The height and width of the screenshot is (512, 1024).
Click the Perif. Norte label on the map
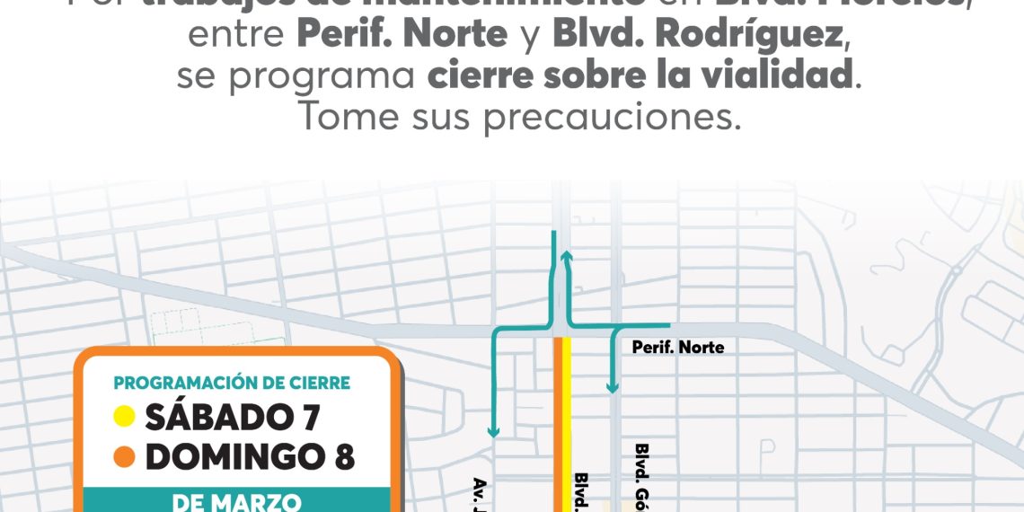[x=677, y=348]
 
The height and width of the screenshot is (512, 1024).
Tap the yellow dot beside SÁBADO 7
[x=125, y=417]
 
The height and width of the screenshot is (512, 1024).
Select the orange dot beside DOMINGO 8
[x=125, y=457]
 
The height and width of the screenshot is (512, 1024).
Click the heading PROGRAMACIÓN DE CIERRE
[x=232, y=384]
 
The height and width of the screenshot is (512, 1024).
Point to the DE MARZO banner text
[x=236, y=502]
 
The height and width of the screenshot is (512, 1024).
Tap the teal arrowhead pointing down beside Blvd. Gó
[x=613, y=387]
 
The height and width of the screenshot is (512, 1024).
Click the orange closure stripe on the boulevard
[x=558, y=422]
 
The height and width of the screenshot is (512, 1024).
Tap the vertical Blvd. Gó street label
[x=641, y=476]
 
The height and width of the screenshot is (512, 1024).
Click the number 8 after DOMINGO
[x=343, y=457]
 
